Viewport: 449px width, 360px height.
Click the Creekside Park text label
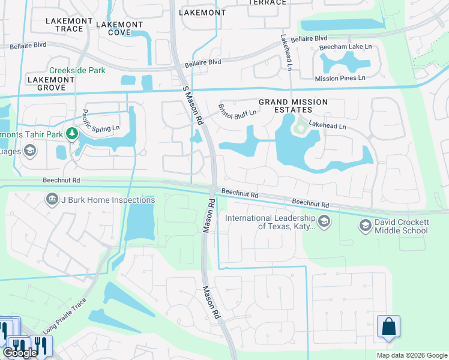point(77,70)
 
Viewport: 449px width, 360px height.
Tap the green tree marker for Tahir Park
point(73,133)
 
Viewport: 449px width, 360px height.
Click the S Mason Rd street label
point(193,105)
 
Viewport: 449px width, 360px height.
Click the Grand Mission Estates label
point(293,106)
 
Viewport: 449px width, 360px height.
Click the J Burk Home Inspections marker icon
point(52,199)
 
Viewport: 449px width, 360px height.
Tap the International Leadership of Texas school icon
point(324,222)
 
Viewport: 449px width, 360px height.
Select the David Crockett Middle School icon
point(364,226)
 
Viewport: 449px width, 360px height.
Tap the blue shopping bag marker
point(388,327)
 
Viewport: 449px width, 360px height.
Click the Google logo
point(20,352)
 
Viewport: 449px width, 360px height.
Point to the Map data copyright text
point(412,355)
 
